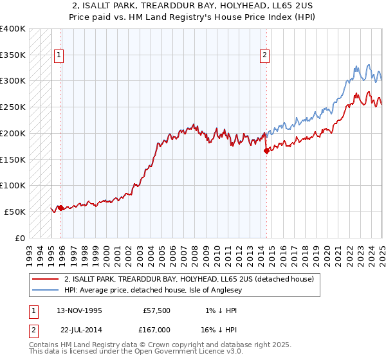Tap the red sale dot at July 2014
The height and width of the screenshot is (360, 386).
tap(266, 152)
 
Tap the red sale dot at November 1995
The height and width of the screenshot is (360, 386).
tap(60, 208)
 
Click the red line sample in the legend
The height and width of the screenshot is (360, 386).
tap(45, 279)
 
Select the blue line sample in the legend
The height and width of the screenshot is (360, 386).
tap(45, 290)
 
